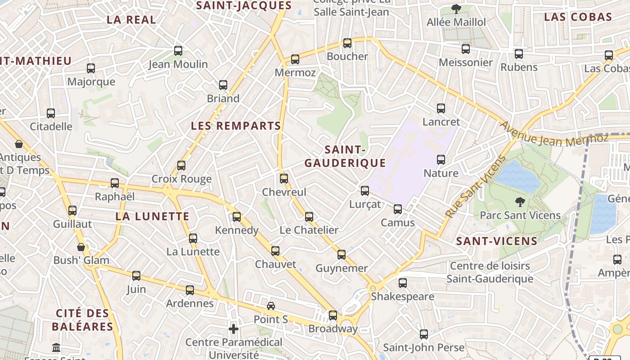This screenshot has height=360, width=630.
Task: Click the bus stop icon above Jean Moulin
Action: (x=178, y=51)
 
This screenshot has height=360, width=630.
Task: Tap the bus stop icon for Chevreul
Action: (x=284, y=179)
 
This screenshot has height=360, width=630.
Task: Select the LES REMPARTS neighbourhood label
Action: (x=236, y=126)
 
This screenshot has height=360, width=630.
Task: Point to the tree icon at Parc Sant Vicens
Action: (x=520, y=202)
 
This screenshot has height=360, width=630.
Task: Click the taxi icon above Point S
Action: (x=271, y=306)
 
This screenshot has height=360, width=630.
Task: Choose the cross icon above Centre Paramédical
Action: (x=234, y=329)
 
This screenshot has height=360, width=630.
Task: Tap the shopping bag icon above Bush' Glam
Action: (x=81, y=247)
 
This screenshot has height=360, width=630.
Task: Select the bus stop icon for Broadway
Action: (x=333, y=315)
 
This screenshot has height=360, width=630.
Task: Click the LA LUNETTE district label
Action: (x=153, y=216)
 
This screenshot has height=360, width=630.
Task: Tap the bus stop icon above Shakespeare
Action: (x=403, y=283)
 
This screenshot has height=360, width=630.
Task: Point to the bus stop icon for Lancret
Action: (x=441, y=108)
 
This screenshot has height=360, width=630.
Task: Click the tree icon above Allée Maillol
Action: (x=456, y=9)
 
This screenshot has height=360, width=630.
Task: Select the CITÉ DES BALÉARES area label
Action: (x=82, y=320)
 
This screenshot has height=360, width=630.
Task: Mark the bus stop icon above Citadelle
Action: (x=51, y=113)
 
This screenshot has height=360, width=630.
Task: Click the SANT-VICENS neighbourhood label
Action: (x=497, y=241)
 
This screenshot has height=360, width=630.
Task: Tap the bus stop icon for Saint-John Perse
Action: (x=424, y=334)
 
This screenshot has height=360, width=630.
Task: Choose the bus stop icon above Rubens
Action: (x=519, y=54)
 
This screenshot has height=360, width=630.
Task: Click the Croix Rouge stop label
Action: (x=181, y=179)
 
